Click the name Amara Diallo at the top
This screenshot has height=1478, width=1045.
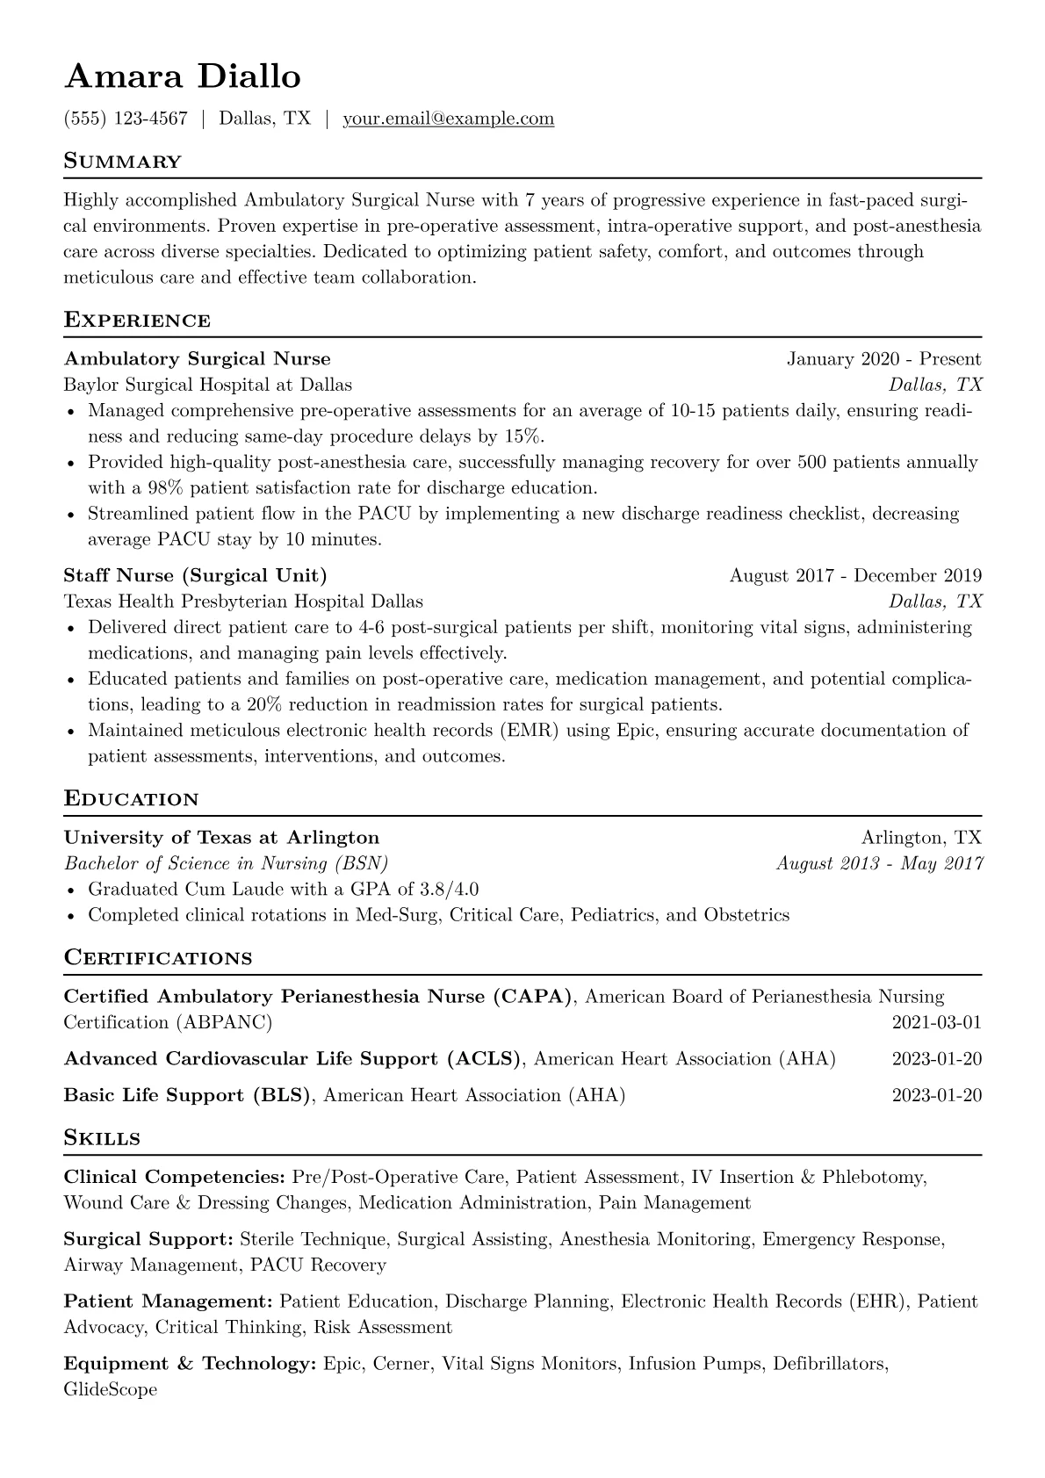click(183, 77)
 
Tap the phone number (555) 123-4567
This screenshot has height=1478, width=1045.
click(126, 119)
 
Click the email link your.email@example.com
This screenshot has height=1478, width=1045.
click(448, 119)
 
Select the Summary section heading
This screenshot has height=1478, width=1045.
click(123, 162)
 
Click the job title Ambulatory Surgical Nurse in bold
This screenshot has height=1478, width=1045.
click(197, 359)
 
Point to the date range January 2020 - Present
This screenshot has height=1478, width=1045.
click(883, 359)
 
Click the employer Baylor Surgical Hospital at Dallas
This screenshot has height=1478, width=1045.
click(207, 385)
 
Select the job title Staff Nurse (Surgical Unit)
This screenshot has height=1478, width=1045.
click(195, 576)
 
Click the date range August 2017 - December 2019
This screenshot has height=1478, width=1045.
click(855, 576)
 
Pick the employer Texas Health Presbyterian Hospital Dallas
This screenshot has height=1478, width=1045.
click(243, 602)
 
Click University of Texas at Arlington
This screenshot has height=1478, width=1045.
click(221, 838)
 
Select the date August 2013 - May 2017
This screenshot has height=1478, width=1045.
click(879, 863)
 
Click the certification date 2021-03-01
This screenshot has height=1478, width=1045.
click(936, 1023)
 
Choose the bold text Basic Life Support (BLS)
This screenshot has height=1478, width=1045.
click(187, 1096)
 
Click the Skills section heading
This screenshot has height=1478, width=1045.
click(102, 1139)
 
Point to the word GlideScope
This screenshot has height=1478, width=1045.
click(111, 1390)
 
